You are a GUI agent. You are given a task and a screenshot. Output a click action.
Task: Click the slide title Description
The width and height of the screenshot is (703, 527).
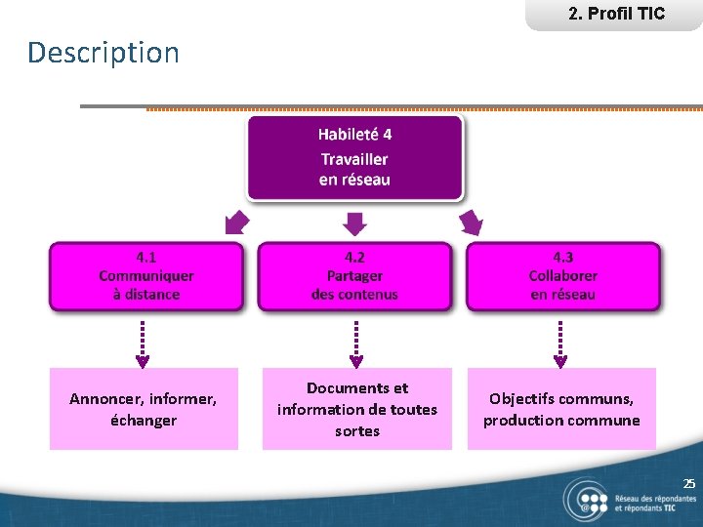tap(103, 53)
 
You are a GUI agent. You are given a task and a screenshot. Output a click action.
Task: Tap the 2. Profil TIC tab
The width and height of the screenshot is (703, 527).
tap(615, 14)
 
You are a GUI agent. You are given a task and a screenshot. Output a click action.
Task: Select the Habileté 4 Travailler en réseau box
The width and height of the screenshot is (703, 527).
tap(354, 157)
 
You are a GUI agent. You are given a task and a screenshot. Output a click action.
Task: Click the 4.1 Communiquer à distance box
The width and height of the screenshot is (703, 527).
tap(146, 276)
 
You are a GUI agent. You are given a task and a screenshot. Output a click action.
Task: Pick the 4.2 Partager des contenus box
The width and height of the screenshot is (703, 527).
tap(354, 276)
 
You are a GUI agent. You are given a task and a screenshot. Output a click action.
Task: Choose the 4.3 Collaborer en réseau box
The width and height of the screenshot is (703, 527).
tap(562, 276)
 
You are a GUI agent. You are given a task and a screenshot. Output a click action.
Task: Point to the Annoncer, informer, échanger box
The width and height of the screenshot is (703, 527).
tap(144, 409)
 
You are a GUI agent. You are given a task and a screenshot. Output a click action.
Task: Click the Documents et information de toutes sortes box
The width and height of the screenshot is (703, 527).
tap(356, 409)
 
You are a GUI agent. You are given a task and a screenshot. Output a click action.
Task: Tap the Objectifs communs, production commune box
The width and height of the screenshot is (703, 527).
tap(561, 409)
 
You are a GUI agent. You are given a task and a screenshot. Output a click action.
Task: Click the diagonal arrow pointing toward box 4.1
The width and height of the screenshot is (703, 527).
tap(236, 223)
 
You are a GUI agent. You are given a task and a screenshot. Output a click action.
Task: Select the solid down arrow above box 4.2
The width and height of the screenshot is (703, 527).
tap(355, 224)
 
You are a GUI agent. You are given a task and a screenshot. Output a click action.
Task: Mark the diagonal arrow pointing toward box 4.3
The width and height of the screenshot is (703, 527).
tap(472, 223)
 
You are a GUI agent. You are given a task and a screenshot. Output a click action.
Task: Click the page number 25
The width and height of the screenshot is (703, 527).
tap(689, 484)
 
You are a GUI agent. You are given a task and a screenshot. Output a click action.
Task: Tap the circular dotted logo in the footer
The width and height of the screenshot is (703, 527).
tap(587, 501)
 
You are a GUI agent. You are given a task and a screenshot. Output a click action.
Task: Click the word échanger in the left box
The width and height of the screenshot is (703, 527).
tap(144, 421)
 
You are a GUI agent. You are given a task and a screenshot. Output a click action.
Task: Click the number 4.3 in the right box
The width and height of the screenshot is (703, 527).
tap(563, 258)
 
